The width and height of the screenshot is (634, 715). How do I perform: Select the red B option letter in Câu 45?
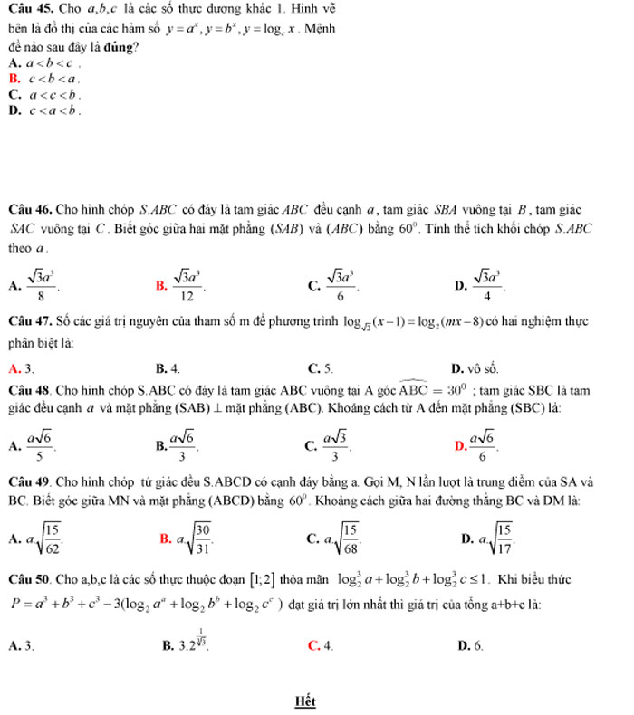tap(14, 79)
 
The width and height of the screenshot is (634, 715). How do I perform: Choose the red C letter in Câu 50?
tap(312, 646)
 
